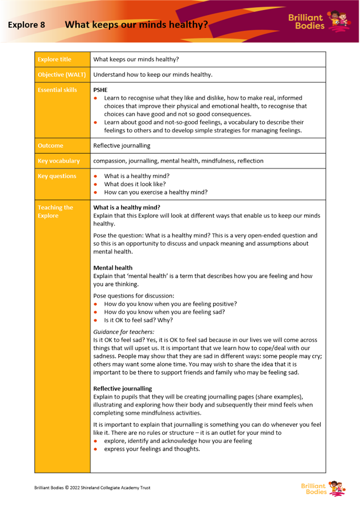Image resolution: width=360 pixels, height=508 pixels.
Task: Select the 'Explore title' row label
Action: pos(54,59)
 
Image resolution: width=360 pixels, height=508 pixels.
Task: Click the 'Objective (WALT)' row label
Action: pos(62,75)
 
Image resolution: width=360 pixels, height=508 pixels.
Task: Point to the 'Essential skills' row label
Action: pos(57,90)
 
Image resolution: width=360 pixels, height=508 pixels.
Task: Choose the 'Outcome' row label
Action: pos(50,146)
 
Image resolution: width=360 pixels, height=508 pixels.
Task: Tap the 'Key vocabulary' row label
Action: pos(58,161)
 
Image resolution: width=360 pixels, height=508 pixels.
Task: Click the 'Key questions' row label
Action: pos(57,176)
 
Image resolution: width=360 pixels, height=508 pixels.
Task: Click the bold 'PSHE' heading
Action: pos(101,90)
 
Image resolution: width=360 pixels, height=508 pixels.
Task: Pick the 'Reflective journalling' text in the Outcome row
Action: pos(122,146)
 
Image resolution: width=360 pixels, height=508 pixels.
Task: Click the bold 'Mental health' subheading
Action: pos(113,268)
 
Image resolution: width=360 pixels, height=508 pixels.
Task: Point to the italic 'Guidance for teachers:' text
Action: pos(124,332)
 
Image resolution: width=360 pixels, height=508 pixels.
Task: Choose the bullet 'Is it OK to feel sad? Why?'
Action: pos(138,320)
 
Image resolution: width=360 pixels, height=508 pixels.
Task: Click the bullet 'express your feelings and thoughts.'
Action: pos(152,449)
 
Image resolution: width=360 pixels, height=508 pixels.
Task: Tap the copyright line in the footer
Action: pos(92,488)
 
